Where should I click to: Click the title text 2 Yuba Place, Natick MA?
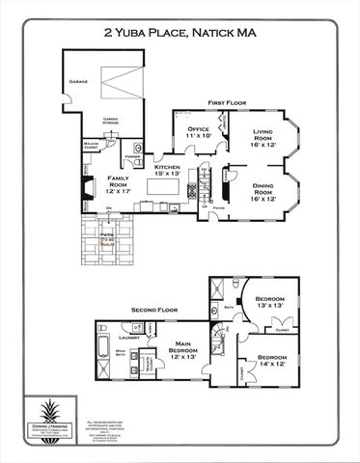(180, 31)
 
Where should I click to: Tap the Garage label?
(78, 82)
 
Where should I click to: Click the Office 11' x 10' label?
(198, 132)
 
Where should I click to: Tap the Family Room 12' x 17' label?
(119, 183)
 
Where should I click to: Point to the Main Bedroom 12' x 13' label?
(183, 352)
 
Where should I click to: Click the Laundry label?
(123, 339)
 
